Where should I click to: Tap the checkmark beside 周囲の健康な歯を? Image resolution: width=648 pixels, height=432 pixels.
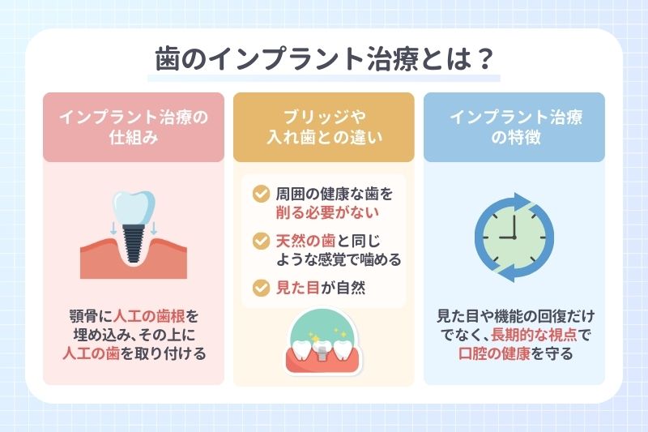click(260, 195)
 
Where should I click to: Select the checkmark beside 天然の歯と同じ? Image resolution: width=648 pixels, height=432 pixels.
click(260, 241)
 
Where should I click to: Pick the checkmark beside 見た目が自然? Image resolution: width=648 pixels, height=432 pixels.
click(260, 286)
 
